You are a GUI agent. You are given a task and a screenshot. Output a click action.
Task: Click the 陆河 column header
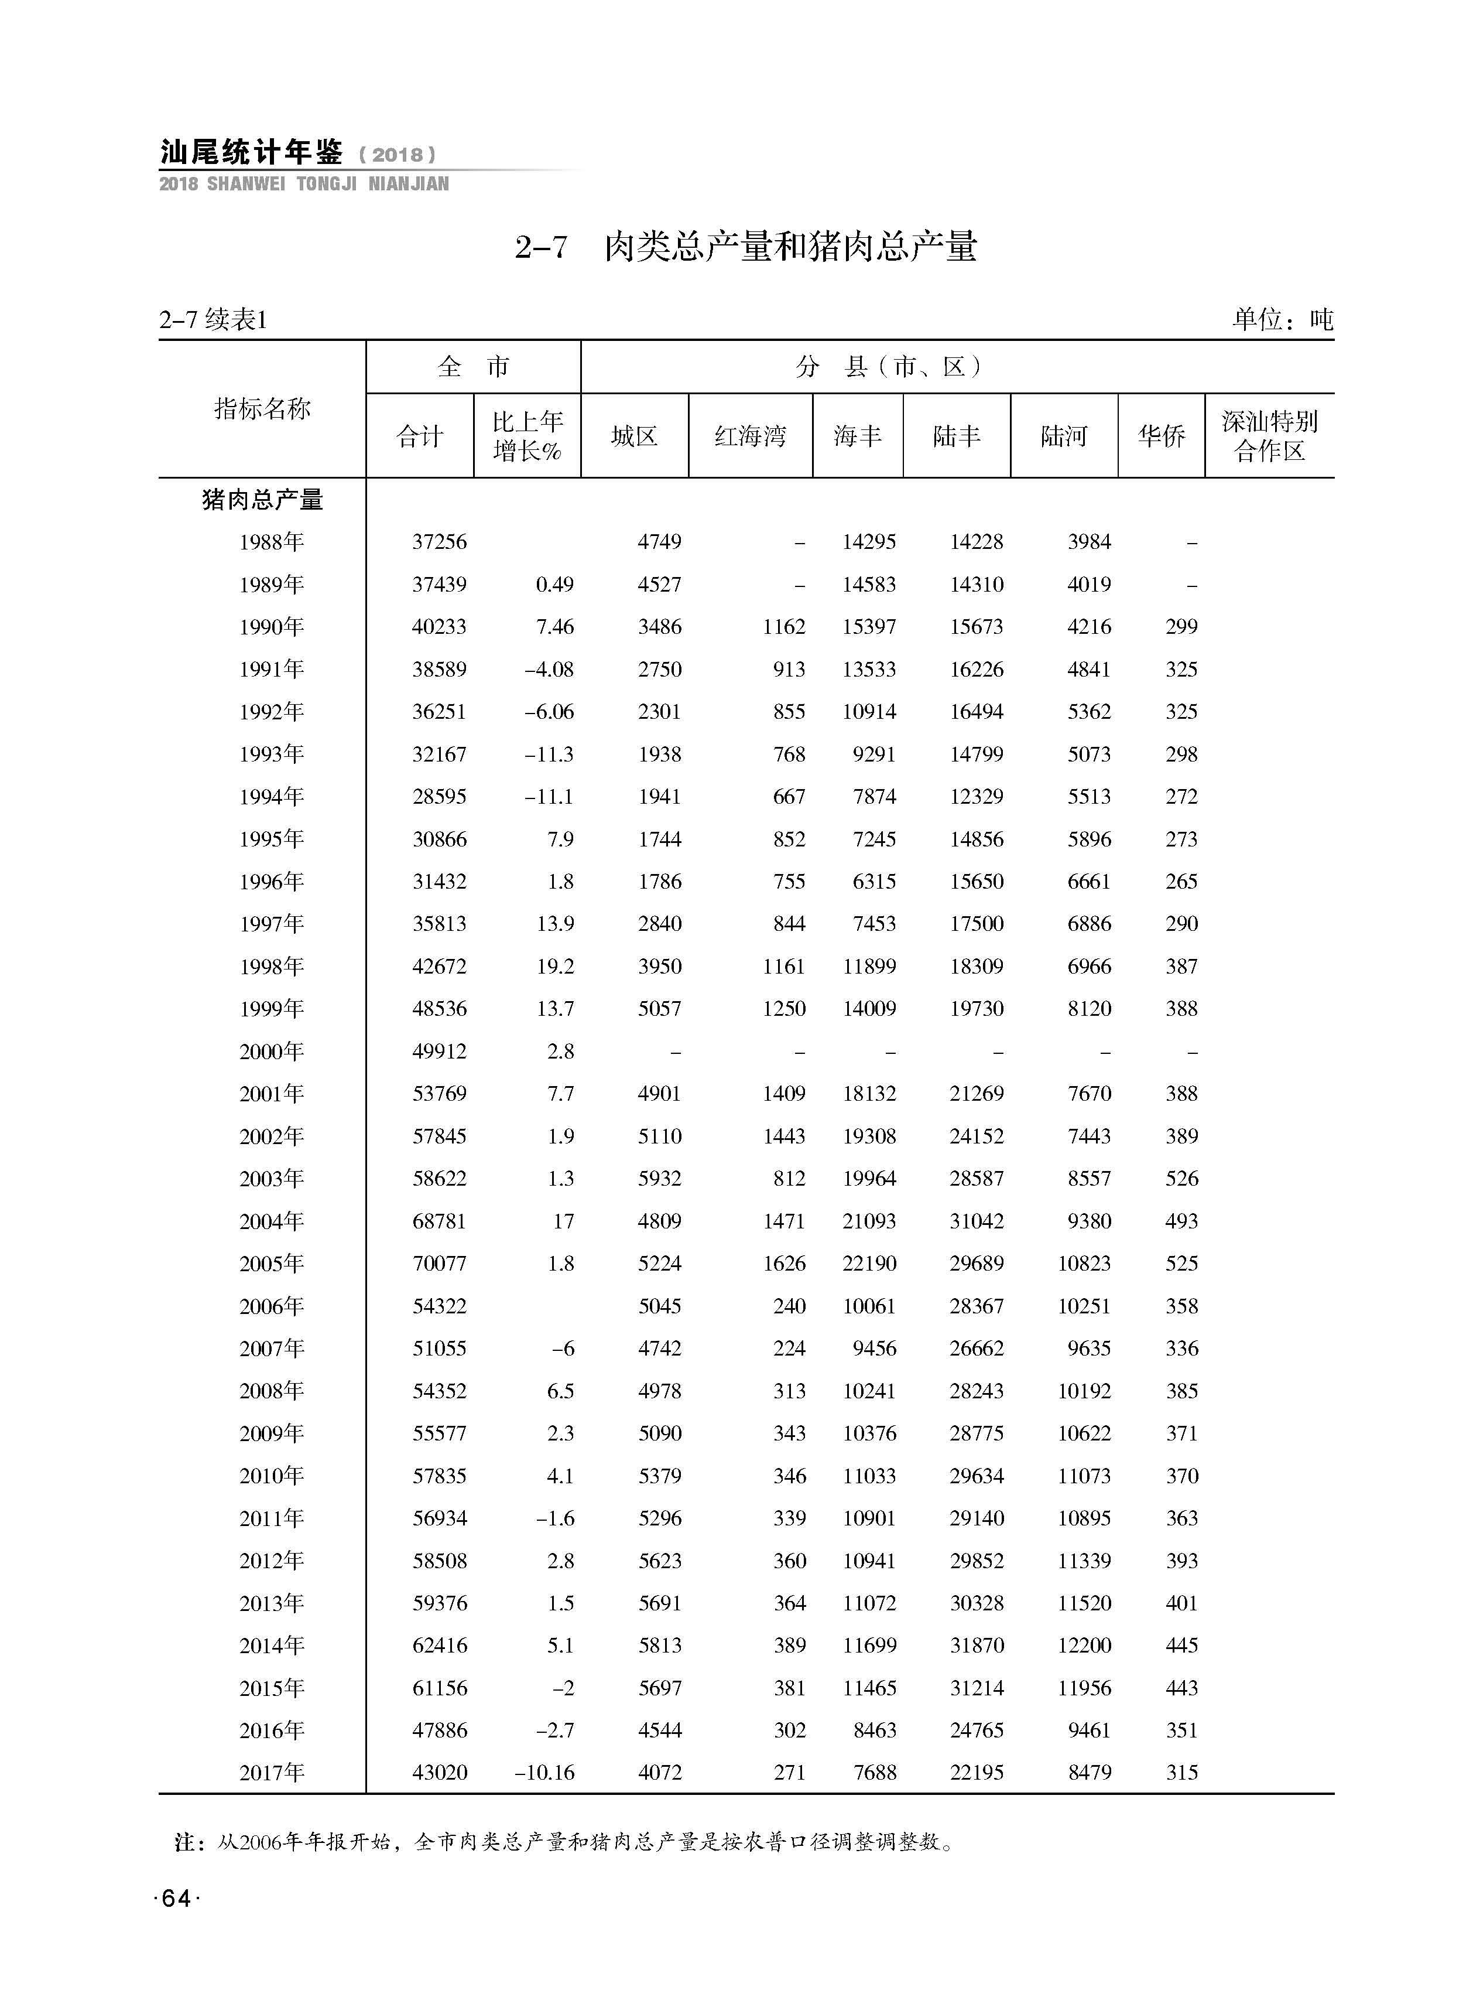(1064, 436)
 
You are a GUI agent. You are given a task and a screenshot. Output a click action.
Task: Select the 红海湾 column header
(750, 436)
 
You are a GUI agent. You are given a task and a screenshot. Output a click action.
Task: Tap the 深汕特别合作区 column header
(1269, 436)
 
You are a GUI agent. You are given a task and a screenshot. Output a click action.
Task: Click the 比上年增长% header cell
(527, 436)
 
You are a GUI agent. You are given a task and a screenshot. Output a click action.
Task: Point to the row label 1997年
(271, 924)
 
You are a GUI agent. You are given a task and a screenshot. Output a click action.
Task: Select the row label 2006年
(271, 1307)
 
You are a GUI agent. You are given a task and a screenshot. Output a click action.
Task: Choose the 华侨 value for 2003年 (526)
(1181, 1179)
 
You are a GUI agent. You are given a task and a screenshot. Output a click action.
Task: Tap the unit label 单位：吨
(1282, 319)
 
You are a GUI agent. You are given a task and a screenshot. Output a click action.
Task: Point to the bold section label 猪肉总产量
(262, 500)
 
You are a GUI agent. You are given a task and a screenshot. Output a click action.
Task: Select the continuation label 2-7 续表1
(214, 319)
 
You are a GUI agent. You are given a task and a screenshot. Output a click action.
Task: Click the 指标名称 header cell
(262, 409)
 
